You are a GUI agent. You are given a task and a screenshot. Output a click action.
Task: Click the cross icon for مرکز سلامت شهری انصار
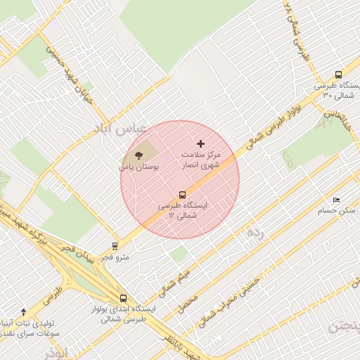(200, 143)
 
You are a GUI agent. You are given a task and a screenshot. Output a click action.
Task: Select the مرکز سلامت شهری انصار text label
(200, 160)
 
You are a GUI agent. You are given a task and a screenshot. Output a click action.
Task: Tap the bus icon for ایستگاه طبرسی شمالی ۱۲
(183, 195)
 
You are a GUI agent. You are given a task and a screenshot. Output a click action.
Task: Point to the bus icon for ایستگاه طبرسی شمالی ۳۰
(339, 75)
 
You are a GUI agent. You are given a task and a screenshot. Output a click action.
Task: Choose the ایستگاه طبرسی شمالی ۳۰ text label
(336, 90)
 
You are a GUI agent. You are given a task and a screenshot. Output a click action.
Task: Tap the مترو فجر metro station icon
(115, 246)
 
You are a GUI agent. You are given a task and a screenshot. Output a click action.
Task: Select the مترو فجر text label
(115, 257)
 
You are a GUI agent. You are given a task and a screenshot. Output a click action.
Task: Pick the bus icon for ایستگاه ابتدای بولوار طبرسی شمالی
(124, 298)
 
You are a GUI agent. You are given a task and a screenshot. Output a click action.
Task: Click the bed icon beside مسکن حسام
(336, 200)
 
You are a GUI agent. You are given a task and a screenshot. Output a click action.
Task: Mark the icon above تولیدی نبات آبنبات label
(24, 311)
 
